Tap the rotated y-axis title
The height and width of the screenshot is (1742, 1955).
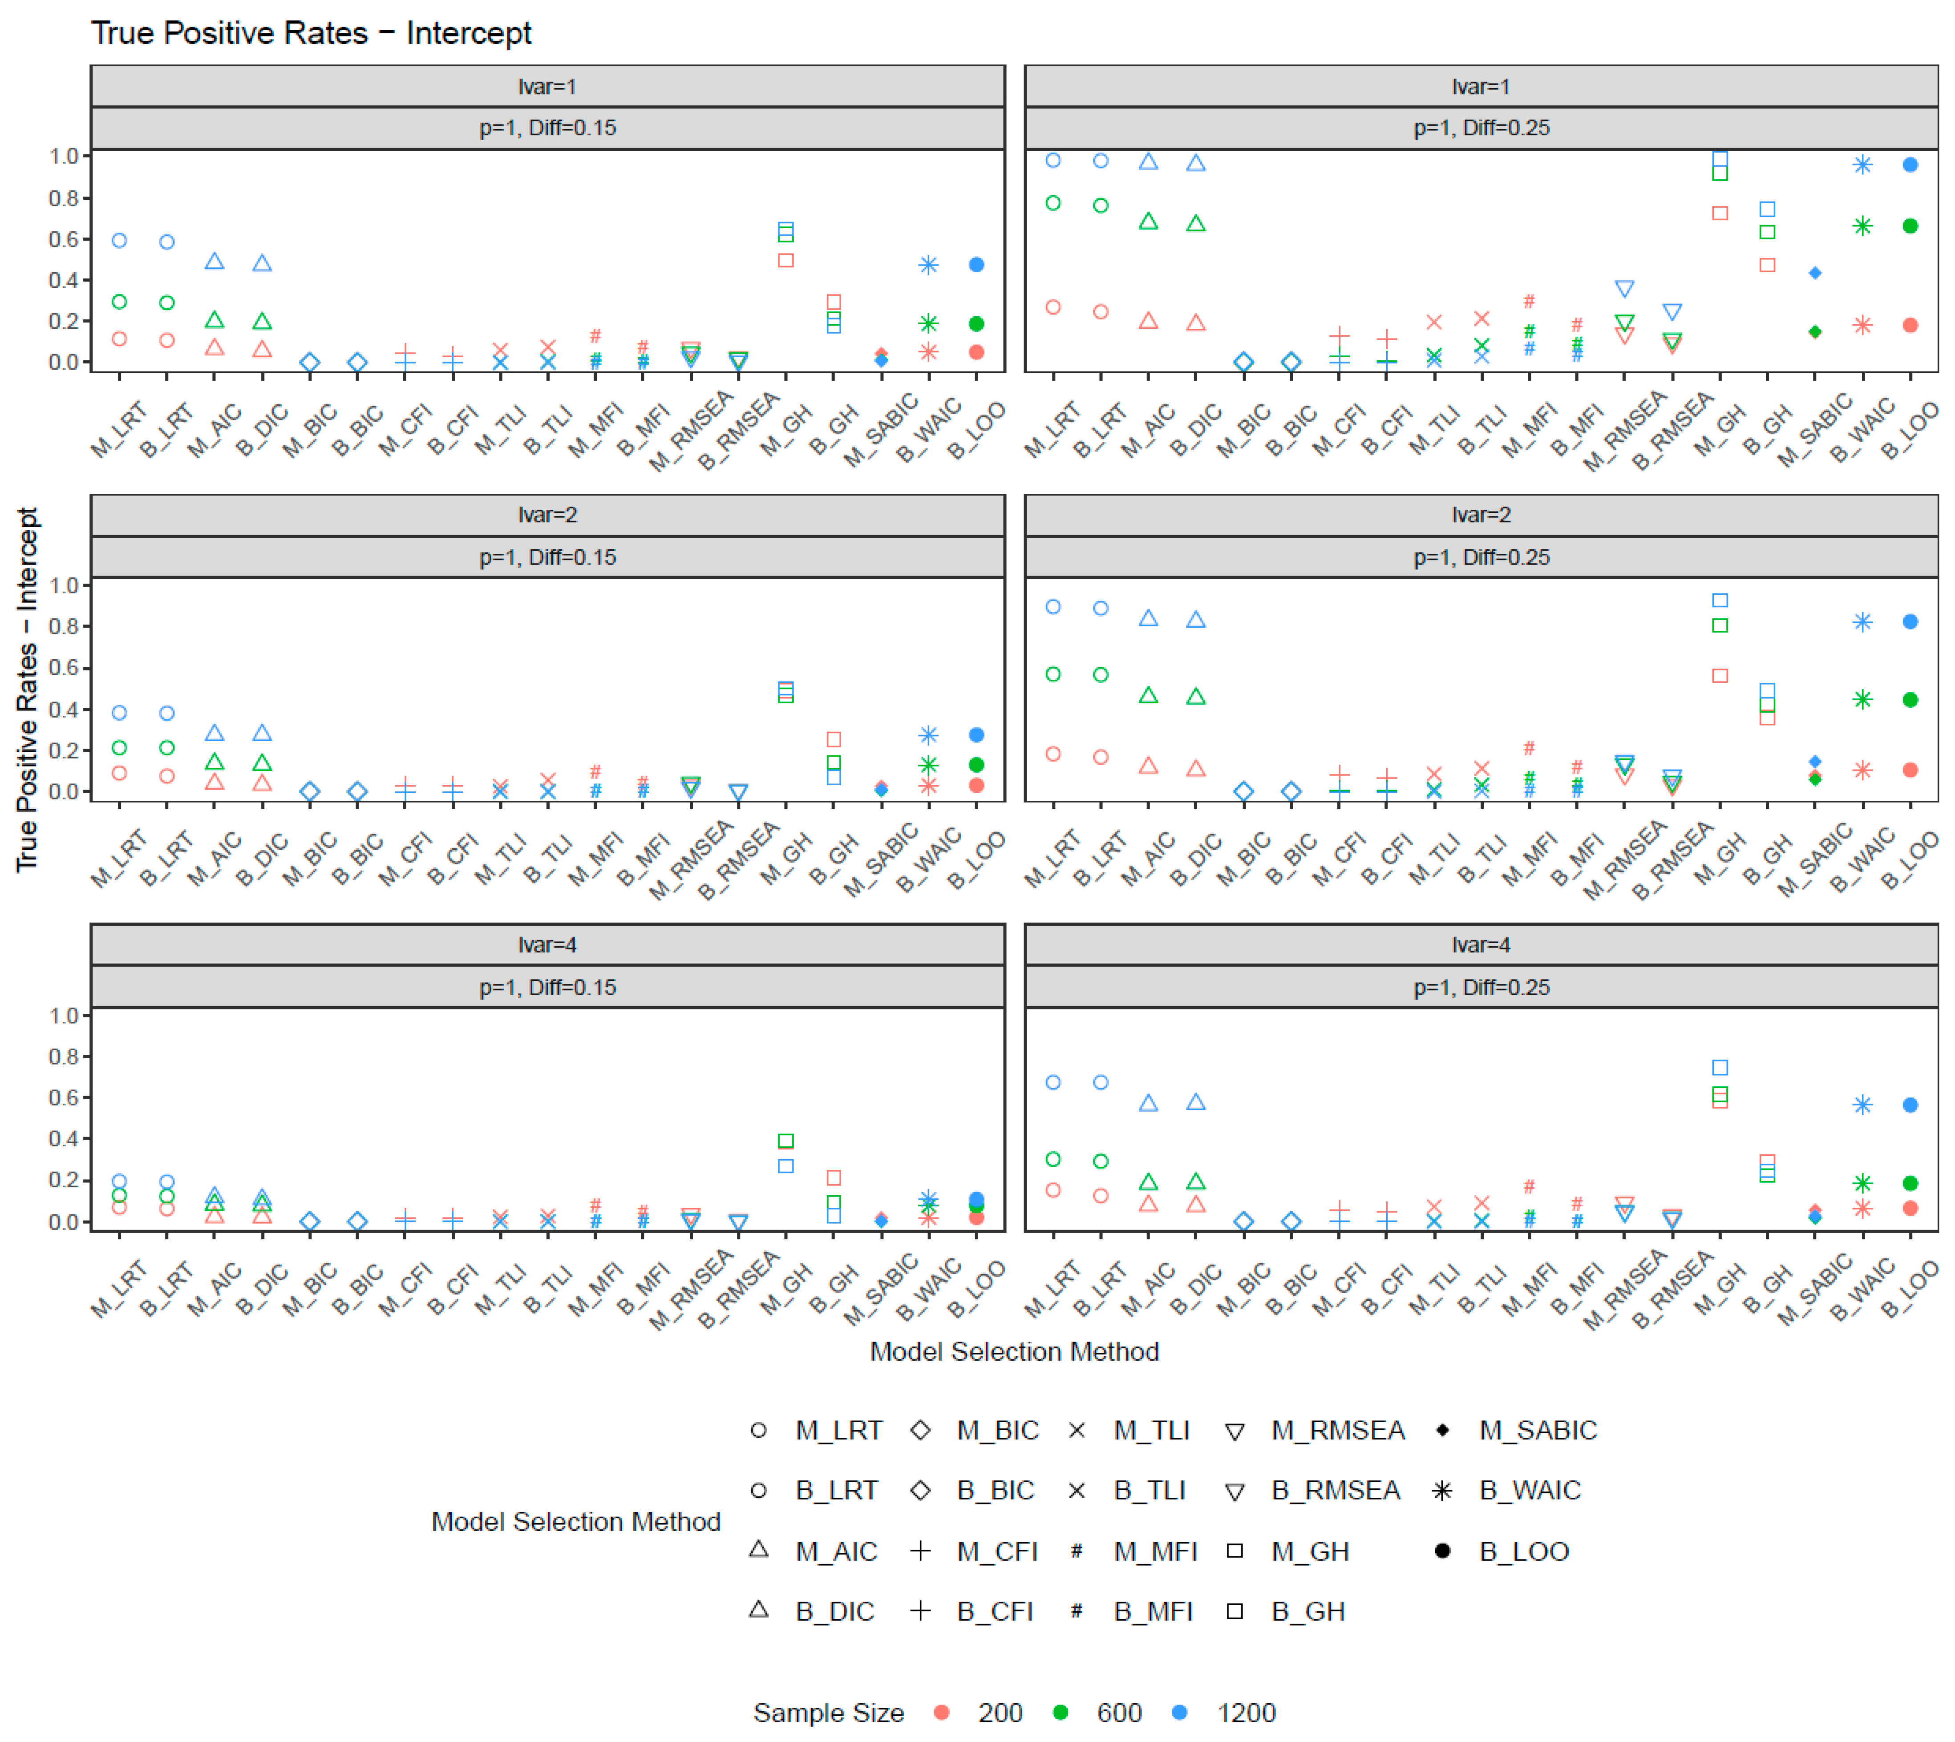[27, 689]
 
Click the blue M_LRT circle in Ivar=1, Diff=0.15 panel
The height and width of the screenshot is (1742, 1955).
[120, 240]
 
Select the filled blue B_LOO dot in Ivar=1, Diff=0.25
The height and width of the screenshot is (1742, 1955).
[1910, 165]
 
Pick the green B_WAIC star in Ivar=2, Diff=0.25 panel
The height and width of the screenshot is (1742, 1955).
[1862, 700]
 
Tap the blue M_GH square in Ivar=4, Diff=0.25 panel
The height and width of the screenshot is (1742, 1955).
[1720, 1067]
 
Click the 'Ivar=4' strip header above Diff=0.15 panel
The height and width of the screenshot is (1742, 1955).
[548, 945]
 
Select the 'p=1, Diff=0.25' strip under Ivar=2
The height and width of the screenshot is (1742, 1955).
[1481, 557]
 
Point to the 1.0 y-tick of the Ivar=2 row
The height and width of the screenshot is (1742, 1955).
[63, 585]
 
